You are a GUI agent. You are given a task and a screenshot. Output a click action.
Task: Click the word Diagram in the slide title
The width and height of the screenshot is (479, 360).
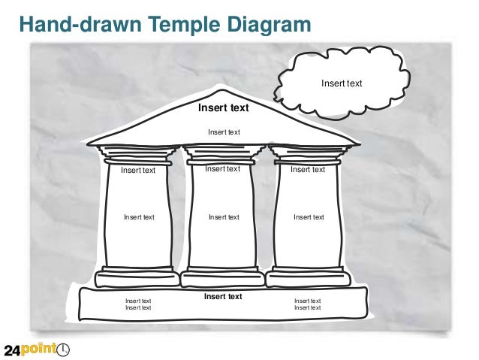tap(261, 26)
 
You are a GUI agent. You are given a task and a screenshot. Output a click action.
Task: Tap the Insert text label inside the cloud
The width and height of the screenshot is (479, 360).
tap(342, 83)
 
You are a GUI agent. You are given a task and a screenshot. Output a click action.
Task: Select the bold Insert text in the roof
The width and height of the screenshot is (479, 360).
tap(223, 108)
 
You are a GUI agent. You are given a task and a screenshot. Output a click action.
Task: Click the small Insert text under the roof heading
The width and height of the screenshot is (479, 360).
tap(224, 132)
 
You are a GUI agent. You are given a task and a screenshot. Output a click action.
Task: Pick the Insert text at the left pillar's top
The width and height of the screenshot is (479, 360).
tap(138, 170)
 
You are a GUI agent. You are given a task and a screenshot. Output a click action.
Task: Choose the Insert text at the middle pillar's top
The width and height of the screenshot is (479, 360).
tap(222, 169)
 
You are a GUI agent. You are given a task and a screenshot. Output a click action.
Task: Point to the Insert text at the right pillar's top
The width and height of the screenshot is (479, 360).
tap(308, 170)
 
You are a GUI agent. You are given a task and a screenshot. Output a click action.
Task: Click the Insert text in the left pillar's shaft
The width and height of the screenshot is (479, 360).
tap(139, 217)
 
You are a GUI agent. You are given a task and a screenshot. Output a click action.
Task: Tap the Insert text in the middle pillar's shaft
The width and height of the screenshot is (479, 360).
tap(224, 217)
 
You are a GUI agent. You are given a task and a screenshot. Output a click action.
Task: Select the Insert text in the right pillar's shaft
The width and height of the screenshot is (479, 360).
tap(309, 217)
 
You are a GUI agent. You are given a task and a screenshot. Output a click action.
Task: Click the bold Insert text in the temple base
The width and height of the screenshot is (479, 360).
tap(223, 296)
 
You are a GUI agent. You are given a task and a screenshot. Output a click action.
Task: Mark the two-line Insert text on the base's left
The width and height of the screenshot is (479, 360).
tap(138, 304)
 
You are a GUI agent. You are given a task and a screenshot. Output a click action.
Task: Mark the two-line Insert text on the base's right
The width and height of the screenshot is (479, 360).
tap(308, 304)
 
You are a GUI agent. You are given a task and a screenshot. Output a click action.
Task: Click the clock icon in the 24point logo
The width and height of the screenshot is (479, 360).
tap(64, 349)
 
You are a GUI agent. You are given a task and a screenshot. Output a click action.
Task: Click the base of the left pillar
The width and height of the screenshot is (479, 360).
tap(137, 277)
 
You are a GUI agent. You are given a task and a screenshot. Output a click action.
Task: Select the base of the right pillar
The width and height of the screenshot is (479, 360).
tap(309, 277)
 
